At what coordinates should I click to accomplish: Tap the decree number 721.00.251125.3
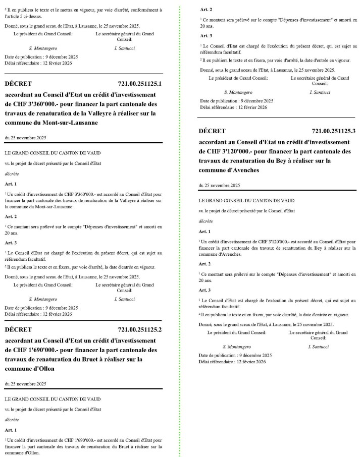(x=334, y=131)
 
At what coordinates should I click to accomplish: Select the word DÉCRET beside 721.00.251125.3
(x=213, y=131)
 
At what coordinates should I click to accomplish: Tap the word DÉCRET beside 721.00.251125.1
(x=18, y=83)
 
